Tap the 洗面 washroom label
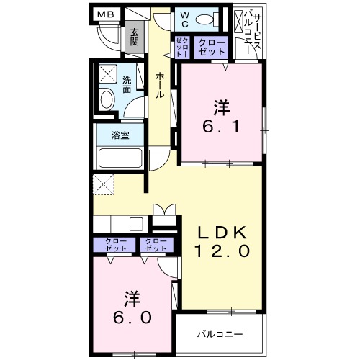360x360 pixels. (127, 85)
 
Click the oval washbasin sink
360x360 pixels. (107, 101)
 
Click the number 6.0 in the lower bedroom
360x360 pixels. (130, 317)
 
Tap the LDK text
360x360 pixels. (222, 232)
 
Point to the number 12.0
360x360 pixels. (222, 251)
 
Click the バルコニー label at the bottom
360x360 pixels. (220, 335)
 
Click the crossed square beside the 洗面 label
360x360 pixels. (107, 74)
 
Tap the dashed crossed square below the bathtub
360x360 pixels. (104, 184)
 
